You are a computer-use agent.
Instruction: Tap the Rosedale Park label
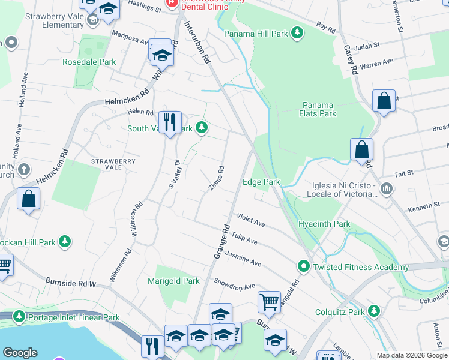(x=90, y=62)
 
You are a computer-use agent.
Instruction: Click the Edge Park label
(x=261, y=182)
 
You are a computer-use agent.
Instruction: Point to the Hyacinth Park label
(x=324, y=224)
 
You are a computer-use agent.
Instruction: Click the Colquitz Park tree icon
(x=375, y=311)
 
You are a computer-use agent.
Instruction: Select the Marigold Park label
(x=174, y=281)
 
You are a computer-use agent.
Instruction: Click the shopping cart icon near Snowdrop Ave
(x=269, y=302)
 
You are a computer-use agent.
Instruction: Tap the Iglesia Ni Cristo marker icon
(x=387, y=189)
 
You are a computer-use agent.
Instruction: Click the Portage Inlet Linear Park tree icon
(x=19, y=317)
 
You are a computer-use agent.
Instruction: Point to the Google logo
(x=20, y=353)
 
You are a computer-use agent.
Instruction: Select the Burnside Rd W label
(x=70, y=281)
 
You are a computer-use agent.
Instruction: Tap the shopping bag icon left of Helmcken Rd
(x=28, y=199)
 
